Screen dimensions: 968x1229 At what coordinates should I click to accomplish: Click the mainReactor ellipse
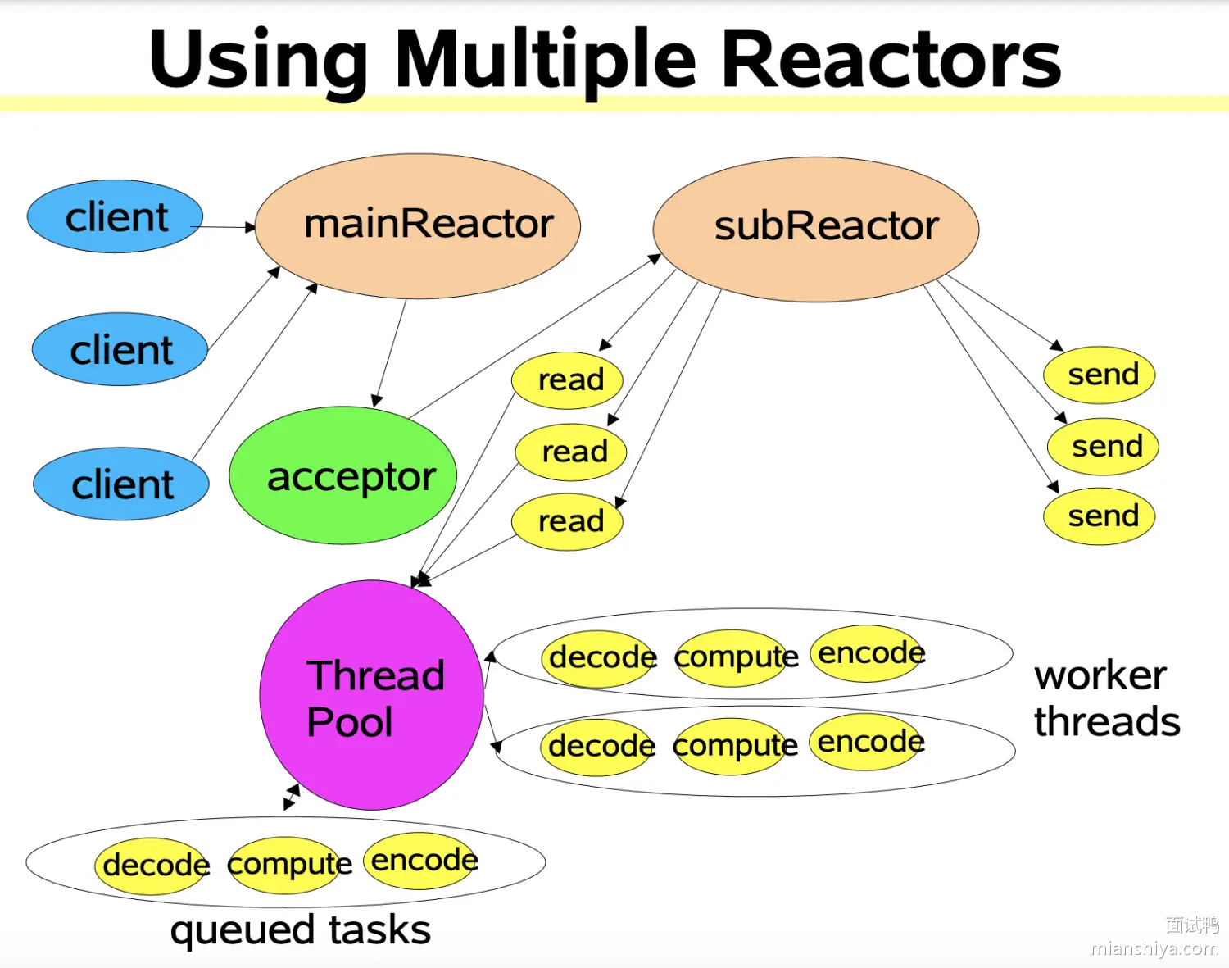click(418, 225)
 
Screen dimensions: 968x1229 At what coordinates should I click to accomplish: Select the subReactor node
click(816, 229)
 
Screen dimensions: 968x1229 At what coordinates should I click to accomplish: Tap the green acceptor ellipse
click(343, 475)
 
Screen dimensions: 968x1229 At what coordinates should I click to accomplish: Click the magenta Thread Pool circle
click(371, 695)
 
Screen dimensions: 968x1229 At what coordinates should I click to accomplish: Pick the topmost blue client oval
click(115, 216)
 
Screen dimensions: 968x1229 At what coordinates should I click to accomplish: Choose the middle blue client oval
click(120, 349)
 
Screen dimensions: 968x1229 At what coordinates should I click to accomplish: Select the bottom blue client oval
click(121, 484)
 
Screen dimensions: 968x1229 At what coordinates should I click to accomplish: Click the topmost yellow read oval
click(567, 380)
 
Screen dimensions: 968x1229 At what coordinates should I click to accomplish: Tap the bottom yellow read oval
click(567, 521)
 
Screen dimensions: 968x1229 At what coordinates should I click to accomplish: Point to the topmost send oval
click(1099, 375)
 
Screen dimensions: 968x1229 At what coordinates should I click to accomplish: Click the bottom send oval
click(1099, 516)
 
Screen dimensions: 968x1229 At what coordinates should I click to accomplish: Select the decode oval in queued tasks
click(152, 865)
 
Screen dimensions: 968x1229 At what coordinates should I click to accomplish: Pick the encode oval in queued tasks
click(420, 861)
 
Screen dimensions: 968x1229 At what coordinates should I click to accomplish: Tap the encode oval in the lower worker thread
click(867, 742)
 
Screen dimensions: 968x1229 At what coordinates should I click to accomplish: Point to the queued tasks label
click(300, 930)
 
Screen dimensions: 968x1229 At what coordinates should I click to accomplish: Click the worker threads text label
click(1106, 698)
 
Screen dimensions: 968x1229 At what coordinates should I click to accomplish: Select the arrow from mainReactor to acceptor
click(390, 353)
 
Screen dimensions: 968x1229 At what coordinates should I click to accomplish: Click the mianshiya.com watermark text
click(1154, 948)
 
